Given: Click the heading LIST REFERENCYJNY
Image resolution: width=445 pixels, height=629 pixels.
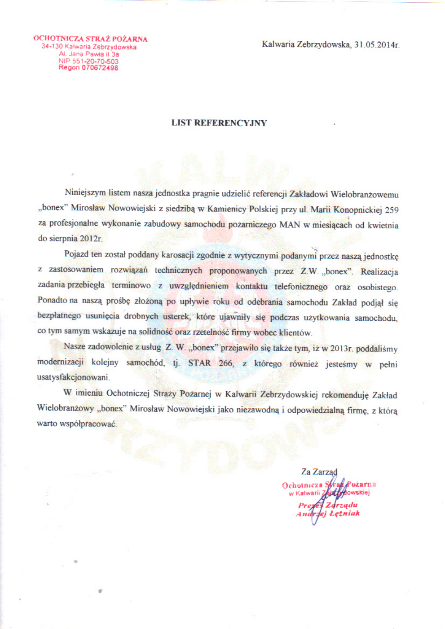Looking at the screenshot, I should point(219,123).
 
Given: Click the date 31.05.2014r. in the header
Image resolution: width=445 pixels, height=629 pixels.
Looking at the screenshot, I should point(377,44).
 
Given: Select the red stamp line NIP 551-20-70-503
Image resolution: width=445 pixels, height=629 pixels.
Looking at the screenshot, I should point(88,61).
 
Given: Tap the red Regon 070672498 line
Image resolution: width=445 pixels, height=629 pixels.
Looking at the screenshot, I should point(88,68).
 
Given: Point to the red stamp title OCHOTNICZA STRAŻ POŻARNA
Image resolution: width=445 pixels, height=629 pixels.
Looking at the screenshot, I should point(90,39).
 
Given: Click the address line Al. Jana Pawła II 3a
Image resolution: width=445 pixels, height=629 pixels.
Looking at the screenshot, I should point(89,54).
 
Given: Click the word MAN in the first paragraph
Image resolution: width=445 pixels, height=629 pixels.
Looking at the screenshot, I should point(290,224).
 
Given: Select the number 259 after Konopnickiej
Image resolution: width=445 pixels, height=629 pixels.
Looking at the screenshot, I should point(392,210).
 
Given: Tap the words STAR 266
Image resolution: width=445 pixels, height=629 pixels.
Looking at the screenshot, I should point(211,363).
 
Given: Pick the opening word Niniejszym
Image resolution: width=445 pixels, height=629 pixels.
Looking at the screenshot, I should point(85,193).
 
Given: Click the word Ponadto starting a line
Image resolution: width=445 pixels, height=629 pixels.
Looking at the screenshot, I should point(52,300).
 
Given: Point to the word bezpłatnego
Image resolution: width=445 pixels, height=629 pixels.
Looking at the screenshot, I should point(59,315).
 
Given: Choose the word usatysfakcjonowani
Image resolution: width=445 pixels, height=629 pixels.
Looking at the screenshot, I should point(73,377).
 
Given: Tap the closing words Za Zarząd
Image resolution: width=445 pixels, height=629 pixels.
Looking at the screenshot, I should point(319,472).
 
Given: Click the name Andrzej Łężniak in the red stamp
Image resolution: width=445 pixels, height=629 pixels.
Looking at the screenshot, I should point(328,514).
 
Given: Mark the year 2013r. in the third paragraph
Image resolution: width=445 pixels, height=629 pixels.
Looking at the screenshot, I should point(341,348).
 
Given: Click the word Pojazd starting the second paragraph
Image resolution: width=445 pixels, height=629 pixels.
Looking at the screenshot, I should point(76,254).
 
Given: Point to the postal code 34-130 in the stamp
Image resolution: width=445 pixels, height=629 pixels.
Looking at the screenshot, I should point(52,46).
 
